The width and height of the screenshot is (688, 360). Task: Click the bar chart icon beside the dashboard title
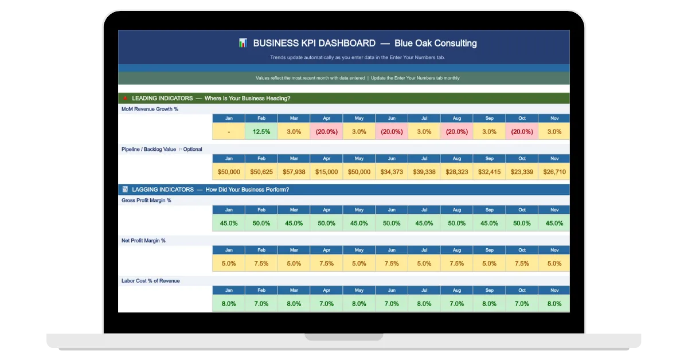(x=243, y=42)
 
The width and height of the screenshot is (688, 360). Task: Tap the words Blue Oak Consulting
(x=436, y=44)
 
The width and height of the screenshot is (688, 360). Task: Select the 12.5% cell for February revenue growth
(x=261, y=131)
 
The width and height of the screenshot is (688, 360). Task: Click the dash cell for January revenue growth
(x=229, y=131)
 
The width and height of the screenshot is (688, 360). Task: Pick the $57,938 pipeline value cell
(x=294, y=172)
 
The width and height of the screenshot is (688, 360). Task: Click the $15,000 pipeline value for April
(x=326, y=172)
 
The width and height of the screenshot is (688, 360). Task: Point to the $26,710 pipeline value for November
(x=554, y=172)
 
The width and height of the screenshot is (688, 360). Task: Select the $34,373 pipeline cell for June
(x=392, y=172)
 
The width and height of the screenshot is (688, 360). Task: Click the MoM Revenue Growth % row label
(x=150, y=109)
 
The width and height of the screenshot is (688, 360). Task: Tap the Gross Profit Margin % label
(x=146, y=200)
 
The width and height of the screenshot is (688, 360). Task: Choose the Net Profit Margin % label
(x=143, y=241)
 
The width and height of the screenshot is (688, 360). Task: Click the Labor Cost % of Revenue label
(x=150, y=281)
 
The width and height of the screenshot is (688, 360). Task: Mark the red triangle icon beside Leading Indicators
(x=125, y=98)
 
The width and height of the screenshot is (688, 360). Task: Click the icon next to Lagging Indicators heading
(x=125, y=189)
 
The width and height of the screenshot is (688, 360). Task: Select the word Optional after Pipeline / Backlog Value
(x=193, y=149)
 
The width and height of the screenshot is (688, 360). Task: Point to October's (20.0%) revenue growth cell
(x=522, y=131)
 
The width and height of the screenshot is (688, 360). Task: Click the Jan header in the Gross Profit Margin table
(x=229, y=210)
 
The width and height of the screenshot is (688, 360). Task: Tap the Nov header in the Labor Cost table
(x=554, y=290)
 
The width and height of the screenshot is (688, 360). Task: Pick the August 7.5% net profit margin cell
(x=457, y=263)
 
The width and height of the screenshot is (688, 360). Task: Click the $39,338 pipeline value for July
(x=424, y=172)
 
